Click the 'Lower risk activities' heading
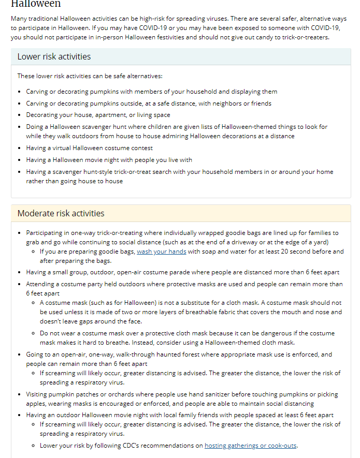tap(54, 56)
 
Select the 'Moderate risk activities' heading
tap(61, 213)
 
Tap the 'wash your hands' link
tap(161, 252)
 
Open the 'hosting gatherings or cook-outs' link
tap(251, 445)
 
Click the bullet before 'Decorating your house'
tap(20, 115)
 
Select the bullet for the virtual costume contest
tap(20, 149)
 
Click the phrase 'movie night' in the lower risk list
tap(95, 160)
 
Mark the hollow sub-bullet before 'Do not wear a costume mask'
tap(33, 333)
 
